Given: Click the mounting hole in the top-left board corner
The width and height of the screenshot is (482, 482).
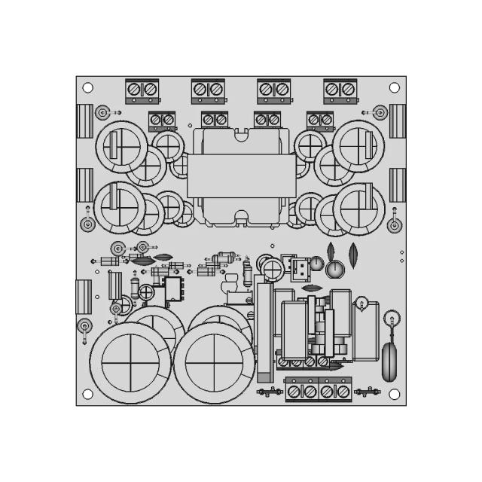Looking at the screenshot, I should tap(87, 88).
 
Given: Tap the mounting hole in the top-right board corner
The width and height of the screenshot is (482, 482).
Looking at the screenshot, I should tap(394, 88).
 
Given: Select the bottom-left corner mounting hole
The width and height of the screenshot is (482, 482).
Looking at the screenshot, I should tap(87, 394).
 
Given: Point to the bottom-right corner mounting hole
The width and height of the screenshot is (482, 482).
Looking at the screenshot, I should tap(394, 394).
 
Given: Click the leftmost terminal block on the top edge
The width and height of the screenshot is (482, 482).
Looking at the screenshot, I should tap(142, 90).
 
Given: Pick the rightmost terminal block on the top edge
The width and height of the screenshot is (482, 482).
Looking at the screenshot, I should tap(340, 90).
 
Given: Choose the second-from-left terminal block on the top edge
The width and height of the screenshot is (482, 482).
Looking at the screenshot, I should tap(208, 90).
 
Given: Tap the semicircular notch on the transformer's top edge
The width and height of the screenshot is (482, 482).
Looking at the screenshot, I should tap(241, 134).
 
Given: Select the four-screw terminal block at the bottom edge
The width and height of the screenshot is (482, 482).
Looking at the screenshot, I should tap(319, 390).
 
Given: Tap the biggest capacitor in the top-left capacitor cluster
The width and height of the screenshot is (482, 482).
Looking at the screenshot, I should tap(120, 143).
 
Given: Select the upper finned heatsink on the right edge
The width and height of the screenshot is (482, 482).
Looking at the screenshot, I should tap(397, 120).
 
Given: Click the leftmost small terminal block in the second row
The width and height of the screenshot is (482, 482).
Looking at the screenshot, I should tap(162, 120).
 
